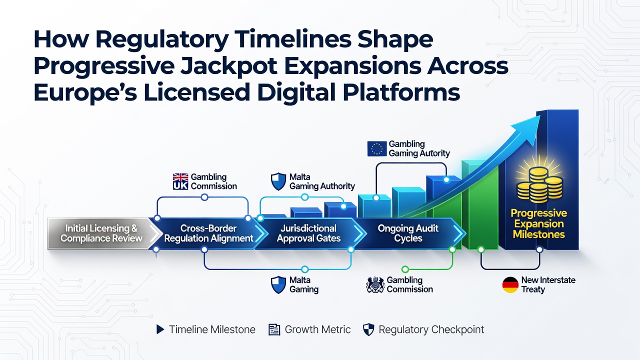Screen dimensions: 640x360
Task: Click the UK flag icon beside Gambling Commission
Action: [180, 181]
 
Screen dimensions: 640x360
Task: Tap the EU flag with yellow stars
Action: [377, 149]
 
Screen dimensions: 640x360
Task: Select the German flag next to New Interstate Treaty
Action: [510, 284]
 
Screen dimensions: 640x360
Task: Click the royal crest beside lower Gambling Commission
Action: [375, 284]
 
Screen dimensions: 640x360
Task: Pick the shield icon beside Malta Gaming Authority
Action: [278, 181]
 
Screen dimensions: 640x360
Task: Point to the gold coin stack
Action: [539, 185]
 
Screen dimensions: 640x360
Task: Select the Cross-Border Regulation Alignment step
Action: [208, 233]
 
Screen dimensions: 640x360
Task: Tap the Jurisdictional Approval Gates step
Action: [309, 233]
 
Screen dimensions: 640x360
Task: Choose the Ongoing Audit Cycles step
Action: [408, 233]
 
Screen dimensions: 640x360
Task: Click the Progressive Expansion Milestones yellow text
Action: [539, 223]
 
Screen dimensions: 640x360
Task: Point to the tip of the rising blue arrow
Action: [540, 115]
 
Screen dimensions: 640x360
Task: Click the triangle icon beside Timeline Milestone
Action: [160, 329]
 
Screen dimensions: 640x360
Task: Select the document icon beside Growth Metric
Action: [274, 329]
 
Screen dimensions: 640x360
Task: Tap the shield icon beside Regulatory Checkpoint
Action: [368, 329]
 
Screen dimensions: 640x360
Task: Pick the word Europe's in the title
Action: [85, 92]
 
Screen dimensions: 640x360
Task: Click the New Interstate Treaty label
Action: [548, 284]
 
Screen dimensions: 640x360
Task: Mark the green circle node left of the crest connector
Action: [405, 269]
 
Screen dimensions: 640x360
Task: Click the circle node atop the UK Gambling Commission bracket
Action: [204, 197]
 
